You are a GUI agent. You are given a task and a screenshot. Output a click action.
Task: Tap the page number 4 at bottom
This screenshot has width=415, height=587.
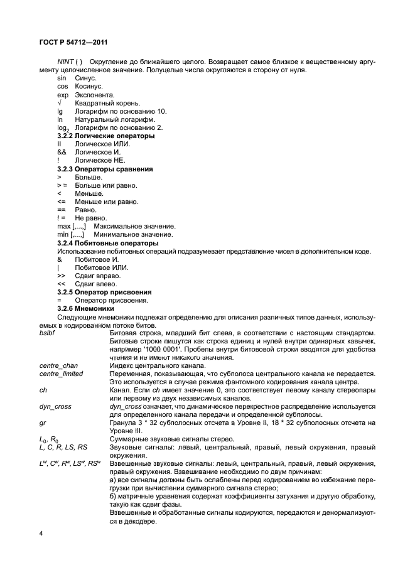click(41, 533)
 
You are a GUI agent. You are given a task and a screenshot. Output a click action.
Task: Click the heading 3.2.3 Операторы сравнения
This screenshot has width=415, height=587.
click(105, 169)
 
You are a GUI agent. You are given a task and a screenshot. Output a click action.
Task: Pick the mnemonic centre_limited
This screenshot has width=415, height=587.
click(62, 374)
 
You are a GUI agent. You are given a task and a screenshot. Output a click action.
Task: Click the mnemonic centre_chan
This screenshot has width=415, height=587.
click(58, 365)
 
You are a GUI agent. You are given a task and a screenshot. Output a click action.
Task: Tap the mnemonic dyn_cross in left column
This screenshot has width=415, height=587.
click(55, 406)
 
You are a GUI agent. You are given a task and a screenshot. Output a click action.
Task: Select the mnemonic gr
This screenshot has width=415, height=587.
click(42, 423)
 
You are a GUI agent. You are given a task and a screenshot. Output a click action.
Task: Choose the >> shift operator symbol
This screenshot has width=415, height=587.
click(61, 276)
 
